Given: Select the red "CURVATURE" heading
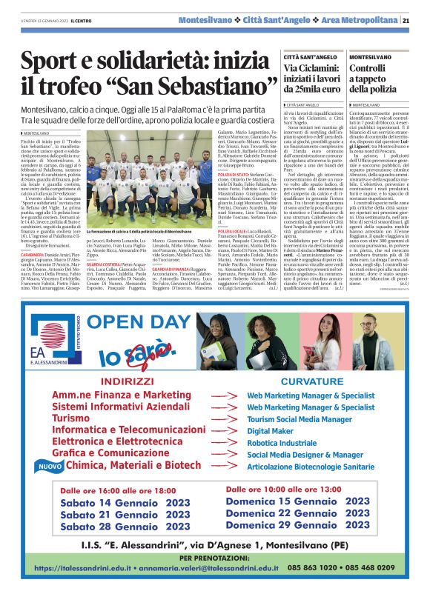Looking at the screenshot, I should pos(307,381).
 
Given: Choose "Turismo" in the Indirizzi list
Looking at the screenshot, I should pos(72,418).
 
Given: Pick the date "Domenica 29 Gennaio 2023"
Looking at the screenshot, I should pos(297,524).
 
